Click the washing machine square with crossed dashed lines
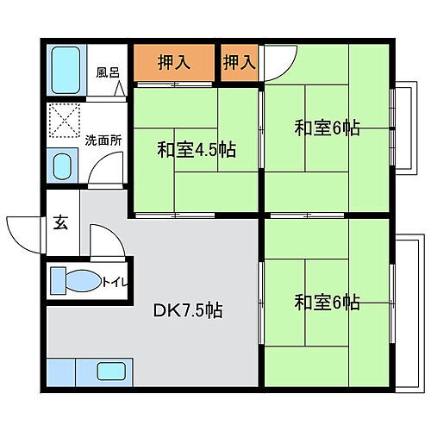(x=63, y=120)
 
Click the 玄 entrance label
(x=62, y=221)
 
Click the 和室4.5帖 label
(x=197, y=148)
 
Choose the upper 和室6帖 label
(x=327, y=128)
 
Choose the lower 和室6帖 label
(x=327, y=303)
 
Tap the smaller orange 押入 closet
(x=240, y=62)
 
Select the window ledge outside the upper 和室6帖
(x=400, y=128)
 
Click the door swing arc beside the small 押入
(x=278, y=62)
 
